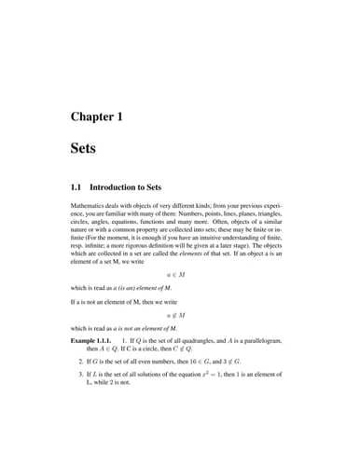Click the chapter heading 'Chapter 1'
(x=97, y=116)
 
